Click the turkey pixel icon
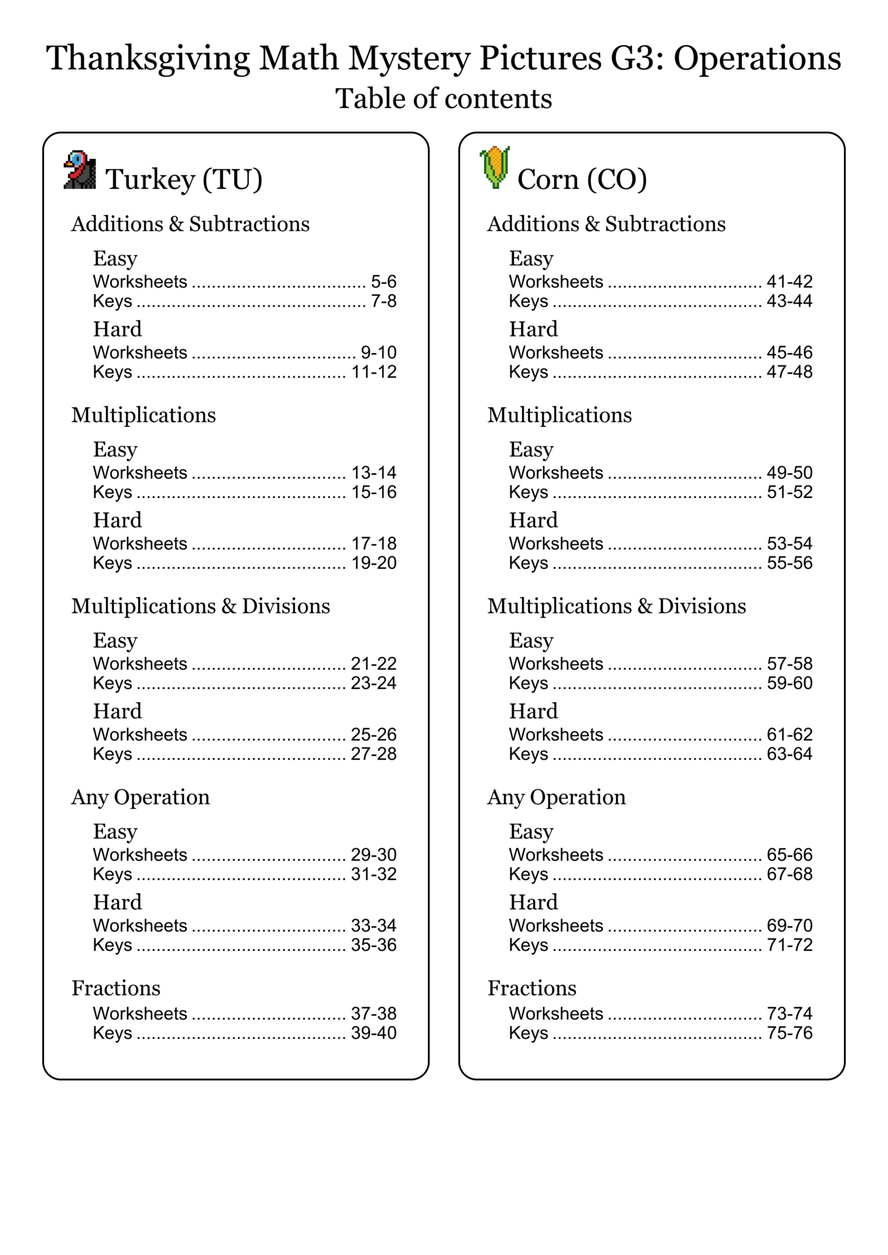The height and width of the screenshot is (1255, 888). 80,170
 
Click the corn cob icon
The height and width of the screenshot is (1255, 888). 494,167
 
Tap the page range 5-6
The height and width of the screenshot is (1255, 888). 383,282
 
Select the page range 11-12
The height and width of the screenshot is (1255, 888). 373,372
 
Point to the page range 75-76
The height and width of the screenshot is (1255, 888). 789,1033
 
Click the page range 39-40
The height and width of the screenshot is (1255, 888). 373,1033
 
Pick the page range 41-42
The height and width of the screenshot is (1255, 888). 789,282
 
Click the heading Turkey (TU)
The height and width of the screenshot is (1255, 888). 184,180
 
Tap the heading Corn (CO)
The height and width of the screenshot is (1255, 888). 582,180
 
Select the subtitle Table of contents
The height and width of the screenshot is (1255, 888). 443,99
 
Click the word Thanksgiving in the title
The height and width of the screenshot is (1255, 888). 148,59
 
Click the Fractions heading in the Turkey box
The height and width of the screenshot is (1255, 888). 116,988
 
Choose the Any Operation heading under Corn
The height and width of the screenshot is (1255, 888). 556,797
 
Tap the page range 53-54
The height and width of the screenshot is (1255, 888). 789,544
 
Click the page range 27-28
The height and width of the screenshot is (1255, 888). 373,754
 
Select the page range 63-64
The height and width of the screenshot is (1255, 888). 789,754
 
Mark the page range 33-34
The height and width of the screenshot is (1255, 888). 373,925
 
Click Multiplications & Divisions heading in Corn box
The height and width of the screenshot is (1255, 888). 616,606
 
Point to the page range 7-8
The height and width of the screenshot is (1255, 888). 383,301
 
